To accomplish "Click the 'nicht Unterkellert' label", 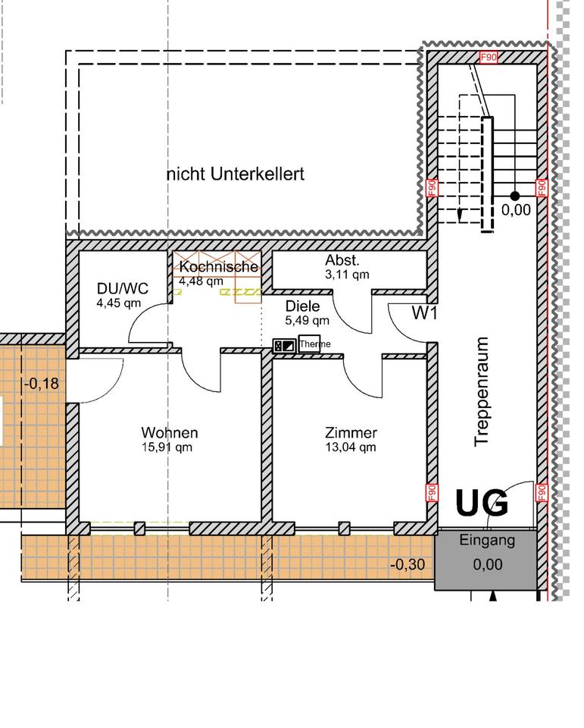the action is tap(235, 174).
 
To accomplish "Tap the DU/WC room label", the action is tap(122, 288).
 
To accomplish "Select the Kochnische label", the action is tap(219, 268).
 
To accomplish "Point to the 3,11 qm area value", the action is tap(347, 275).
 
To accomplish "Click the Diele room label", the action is tap(302, 306).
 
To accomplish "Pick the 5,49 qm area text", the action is tap(307, 321).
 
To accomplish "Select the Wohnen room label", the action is tap(170, 433).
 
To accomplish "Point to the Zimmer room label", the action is tap(351, 433).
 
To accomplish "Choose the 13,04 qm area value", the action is tap(351, 447).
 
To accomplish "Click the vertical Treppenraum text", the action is tap(483, 392).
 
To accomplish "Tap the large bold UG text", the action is tap(482, 503).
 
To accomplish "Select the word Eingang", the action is tap(488, 541).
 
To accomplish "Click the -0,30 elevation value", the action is tap(407, 564).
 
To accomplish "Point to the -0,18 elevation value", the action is tap(41, 384).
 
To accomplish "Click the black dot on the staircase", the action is tap(515, 196).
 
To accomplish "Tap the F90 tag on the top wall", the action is tap(489, 58).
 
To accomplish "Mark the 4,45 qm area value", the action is tap(119, 303).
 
